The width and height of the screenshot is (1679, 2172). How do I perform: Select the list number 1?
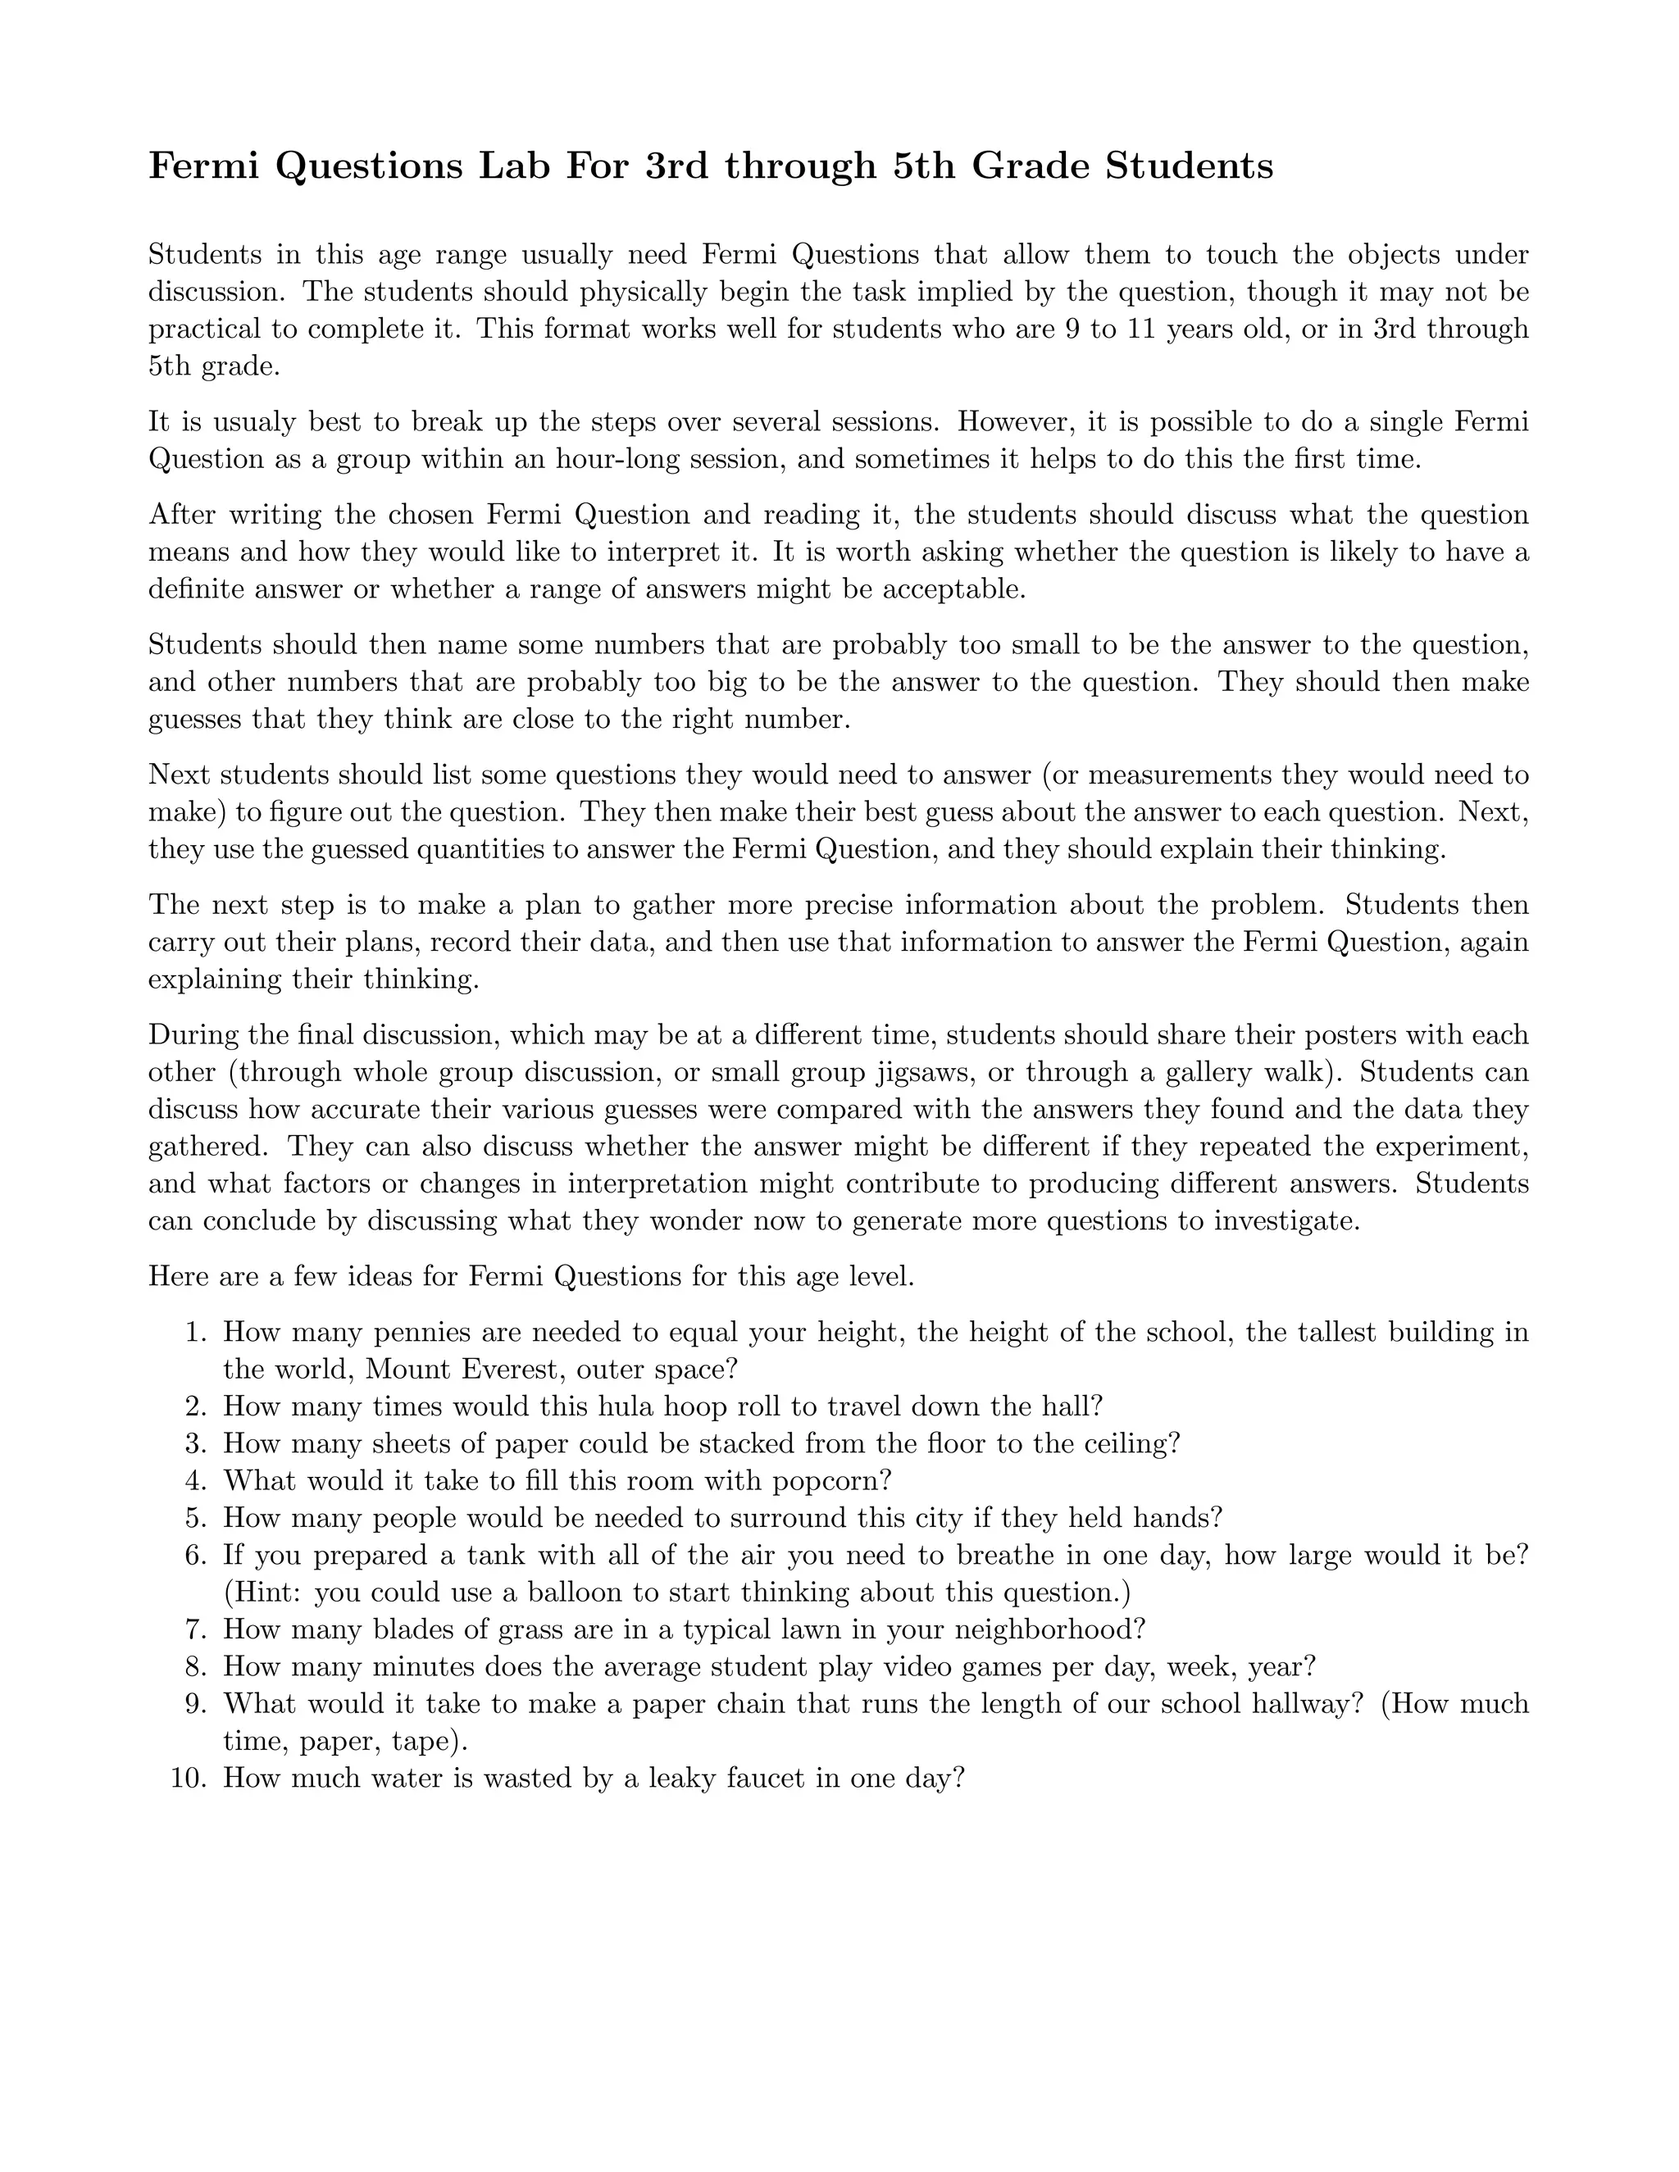(195, 1333)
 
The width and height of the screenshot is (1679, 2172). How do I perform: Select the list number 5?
(195, 1518)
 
